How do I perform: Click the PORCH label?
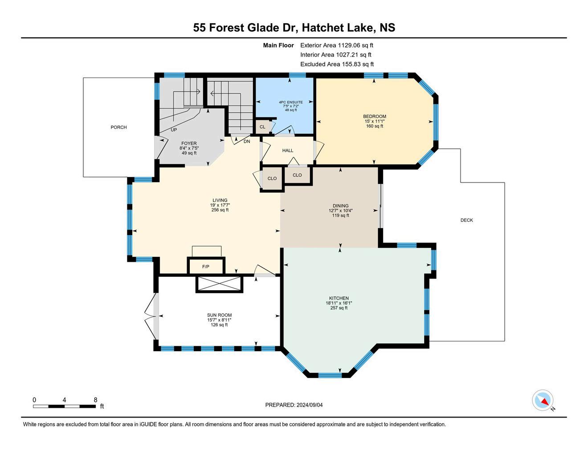(x=118, y=127)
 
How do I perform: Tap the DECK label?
(x=466, y=220)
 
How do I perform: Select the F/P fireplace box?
(x=206, y=266)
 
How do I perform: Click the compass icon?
(x=543, y=400)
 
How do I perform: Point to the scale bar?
(x=65, y=406)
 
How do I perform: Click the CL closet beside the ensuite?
(x=262, y=126)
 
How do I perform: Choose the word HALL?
(x=288, y=150)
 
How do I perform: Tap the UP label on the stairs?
(x=174, y=130)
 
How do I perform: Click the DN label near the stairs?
(x=247, y=142)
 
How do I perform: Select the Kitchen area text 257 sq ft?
(x=339, y=308)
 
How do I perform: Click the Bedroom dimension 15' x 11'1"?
(x=375, y=122)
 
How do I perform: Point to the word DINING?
(x=341, y=206)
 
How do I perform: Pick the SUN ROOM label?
(x=219, y=315)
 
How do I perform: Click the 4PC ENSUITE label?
(x=291, y=102)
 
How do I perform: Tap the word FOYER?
(x=189, y=143)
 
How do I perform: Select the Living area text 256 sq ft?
(x=220, y=210)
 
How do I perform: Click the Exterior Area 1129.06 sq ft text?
(x=337, y=45)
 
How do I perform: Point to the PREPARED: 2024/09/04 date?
(x=294, y=405)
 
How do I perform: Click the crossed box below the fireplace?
(x=220, y=284)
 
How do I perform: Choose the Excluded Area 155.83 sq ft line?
(x=337, y=65)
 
